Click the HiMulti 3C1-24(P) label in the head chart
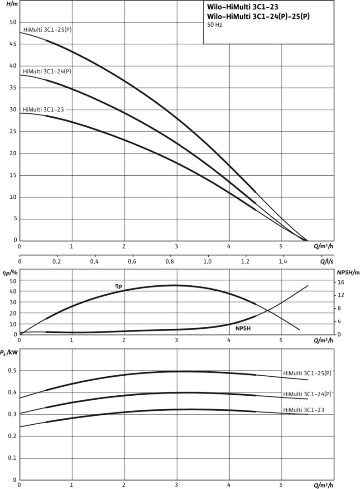tap(47, 72)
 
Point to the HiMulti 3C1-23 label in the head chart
tap(43, 110)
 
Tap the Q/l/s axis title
tap(327, 262)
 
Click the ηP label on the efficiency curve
tap(118, 286)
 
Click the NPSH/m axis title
tap(348, 273)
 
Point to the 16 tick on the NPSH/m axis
tap(341, 283)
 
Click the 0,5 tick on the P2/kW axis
tap(12, 371)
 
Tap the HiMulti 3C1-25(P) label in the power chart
tap(307, 374)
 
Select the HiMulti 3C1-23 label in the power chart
tap(304, 410)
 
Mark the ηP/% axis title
tap(10, 273)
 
